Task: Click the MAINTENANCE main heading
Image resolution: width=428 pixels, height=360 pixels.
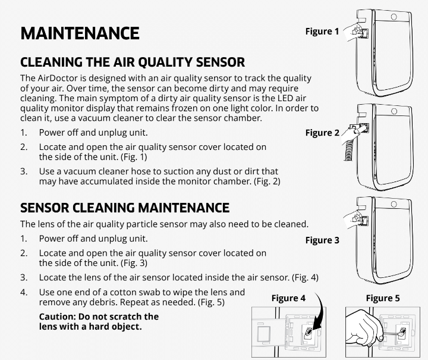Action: click(x=80, y=33)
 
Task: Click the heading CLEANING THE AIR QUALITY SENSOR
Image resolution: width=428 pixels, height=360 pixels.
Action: click(x=132, y=62)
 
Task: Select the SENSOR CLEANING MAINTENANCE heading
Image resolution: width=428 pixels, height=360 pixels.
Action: click(x=125, y=208)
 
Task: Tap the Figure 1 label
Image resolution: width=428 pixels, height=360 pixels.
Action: click(x=322, y=31)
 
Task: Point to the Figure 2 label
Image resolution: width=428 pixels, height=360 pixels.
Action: click(x=322, y=133)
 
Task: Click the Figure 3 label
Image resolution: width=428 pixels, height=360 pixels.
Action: click(x=322, y=240)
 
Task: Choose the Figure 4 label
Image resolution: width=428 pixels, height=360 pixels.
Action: click(x=288, y=298)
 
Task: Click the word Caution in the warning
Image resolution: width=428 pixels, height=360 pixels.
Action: click(x=58, y=317)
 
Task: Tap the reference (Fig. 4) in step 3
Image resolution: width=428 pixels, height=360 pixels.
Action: click(x=305, y=277)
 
